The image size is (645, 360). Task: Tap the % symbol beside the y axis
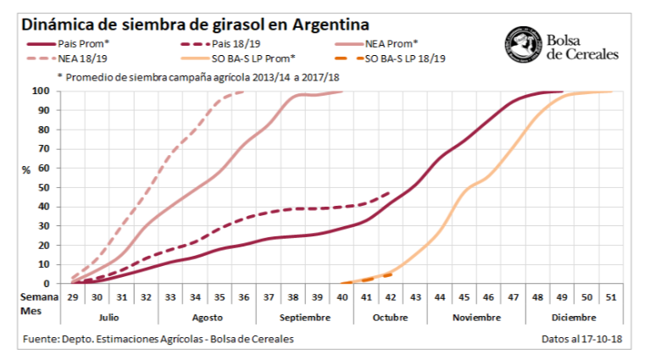click(26, 169)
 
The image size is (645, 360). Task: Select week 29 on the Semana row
click(73, 296)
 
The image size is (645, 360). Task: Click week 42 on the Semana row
click(391, 296)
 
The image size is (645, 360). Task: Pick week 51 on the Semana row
click(611, 296)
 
